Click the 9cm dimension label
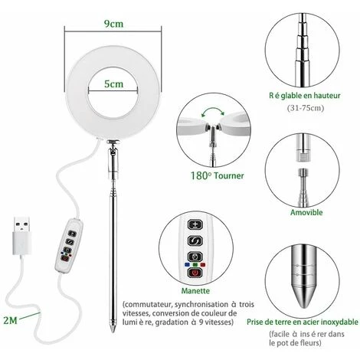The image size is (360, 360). [113, 24]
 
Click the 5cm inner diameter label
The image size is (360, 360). [113, 83]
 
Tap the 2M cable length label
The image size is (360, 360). [10, 320]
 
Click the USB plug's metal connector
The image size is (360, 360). [21, 224]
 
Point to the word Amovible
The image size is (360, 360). [306, 212]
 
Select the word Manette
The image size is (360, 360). [195, 290]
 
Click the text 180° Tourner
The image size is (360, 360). [218, 175]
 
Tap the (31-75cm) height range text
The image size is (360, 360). [306, 108]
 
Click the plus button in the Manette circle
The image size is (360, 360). [195, 225]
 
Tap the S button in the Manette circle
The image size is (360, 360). [195, 241]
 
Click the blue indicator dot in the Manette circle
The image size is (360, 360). [187, 264]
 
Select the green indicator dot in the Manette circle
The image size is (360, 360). [195, 265]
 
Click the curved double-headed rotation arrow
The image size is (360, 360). [212, 110]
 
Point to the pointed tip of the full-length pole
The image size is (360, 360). [113, 332]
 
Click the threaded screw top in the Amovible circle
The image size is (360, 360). [303, 172]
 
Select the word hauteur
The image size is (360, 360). [327, 96]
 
